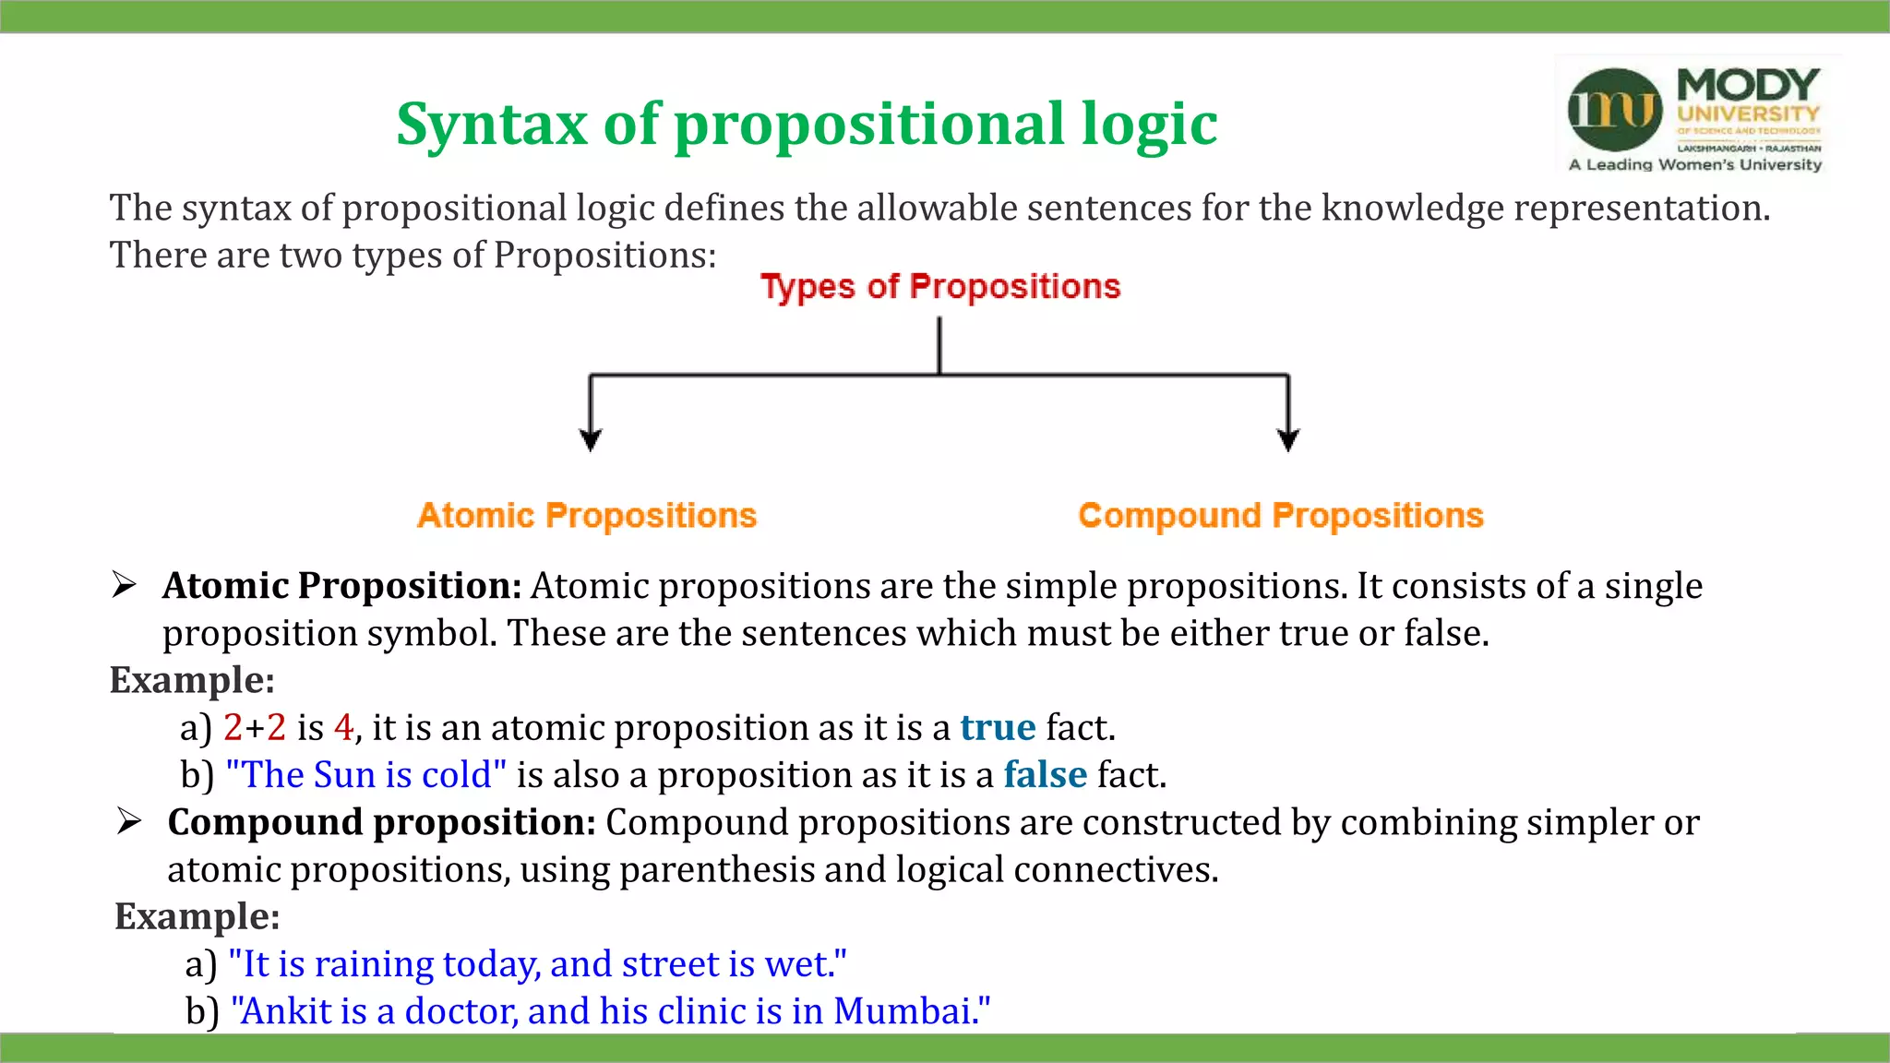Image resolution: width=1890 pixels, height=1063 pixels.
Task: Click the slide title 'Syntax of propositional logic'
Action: point(807,124)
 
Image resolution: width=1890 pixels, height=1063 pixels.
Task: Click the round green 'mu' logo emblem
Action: point(1614,109)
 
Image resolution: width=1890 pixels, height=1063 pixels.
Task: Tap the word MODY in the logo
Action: point(1748,85)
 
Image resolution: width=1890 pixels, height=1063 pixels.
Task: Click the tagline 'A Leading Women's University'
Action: point(1695,164)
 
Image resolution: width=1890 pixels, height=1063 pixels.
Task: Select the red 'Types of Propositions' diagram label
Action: point(939,286)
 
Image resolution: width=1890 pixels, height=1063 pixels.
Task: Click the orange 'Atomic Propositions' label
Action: point(587,515)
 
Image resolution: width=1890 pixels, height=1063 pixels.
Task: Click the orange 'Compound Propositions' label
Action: point(1280,515)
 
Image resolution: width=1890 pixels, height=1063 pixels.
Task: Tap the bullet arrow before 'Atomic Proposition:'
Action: point(125,585)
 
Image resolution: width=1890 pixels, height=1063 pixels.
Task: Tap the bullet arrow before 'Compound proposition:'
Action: point(129,821)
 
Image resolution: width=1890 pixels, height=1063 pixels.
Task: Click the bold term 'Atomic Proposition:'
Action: point(342,586)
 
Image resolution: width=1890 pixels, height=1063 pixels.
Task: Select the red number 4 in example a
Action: point(343,728)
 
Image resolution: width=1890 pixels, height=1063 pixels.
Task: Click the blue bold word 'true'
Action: point(998,728)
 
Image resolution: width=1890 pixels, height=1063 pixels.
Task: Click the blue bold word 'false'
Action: point(1046,775)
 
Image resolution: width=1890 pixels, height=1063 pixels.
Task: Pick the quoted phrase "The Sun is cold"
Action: point(365,775)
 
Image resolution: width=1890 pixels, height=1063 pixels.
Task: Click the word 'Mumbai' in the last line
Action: point(904,1011)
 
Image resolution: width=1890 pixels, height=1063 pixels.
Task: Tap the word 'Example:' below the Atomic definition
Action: point(192,680)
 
